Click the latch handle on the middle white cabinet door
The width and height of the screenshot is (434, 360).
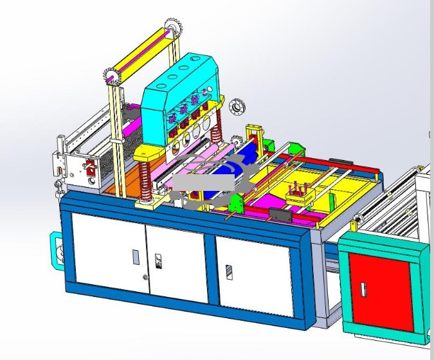[158, 262]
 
